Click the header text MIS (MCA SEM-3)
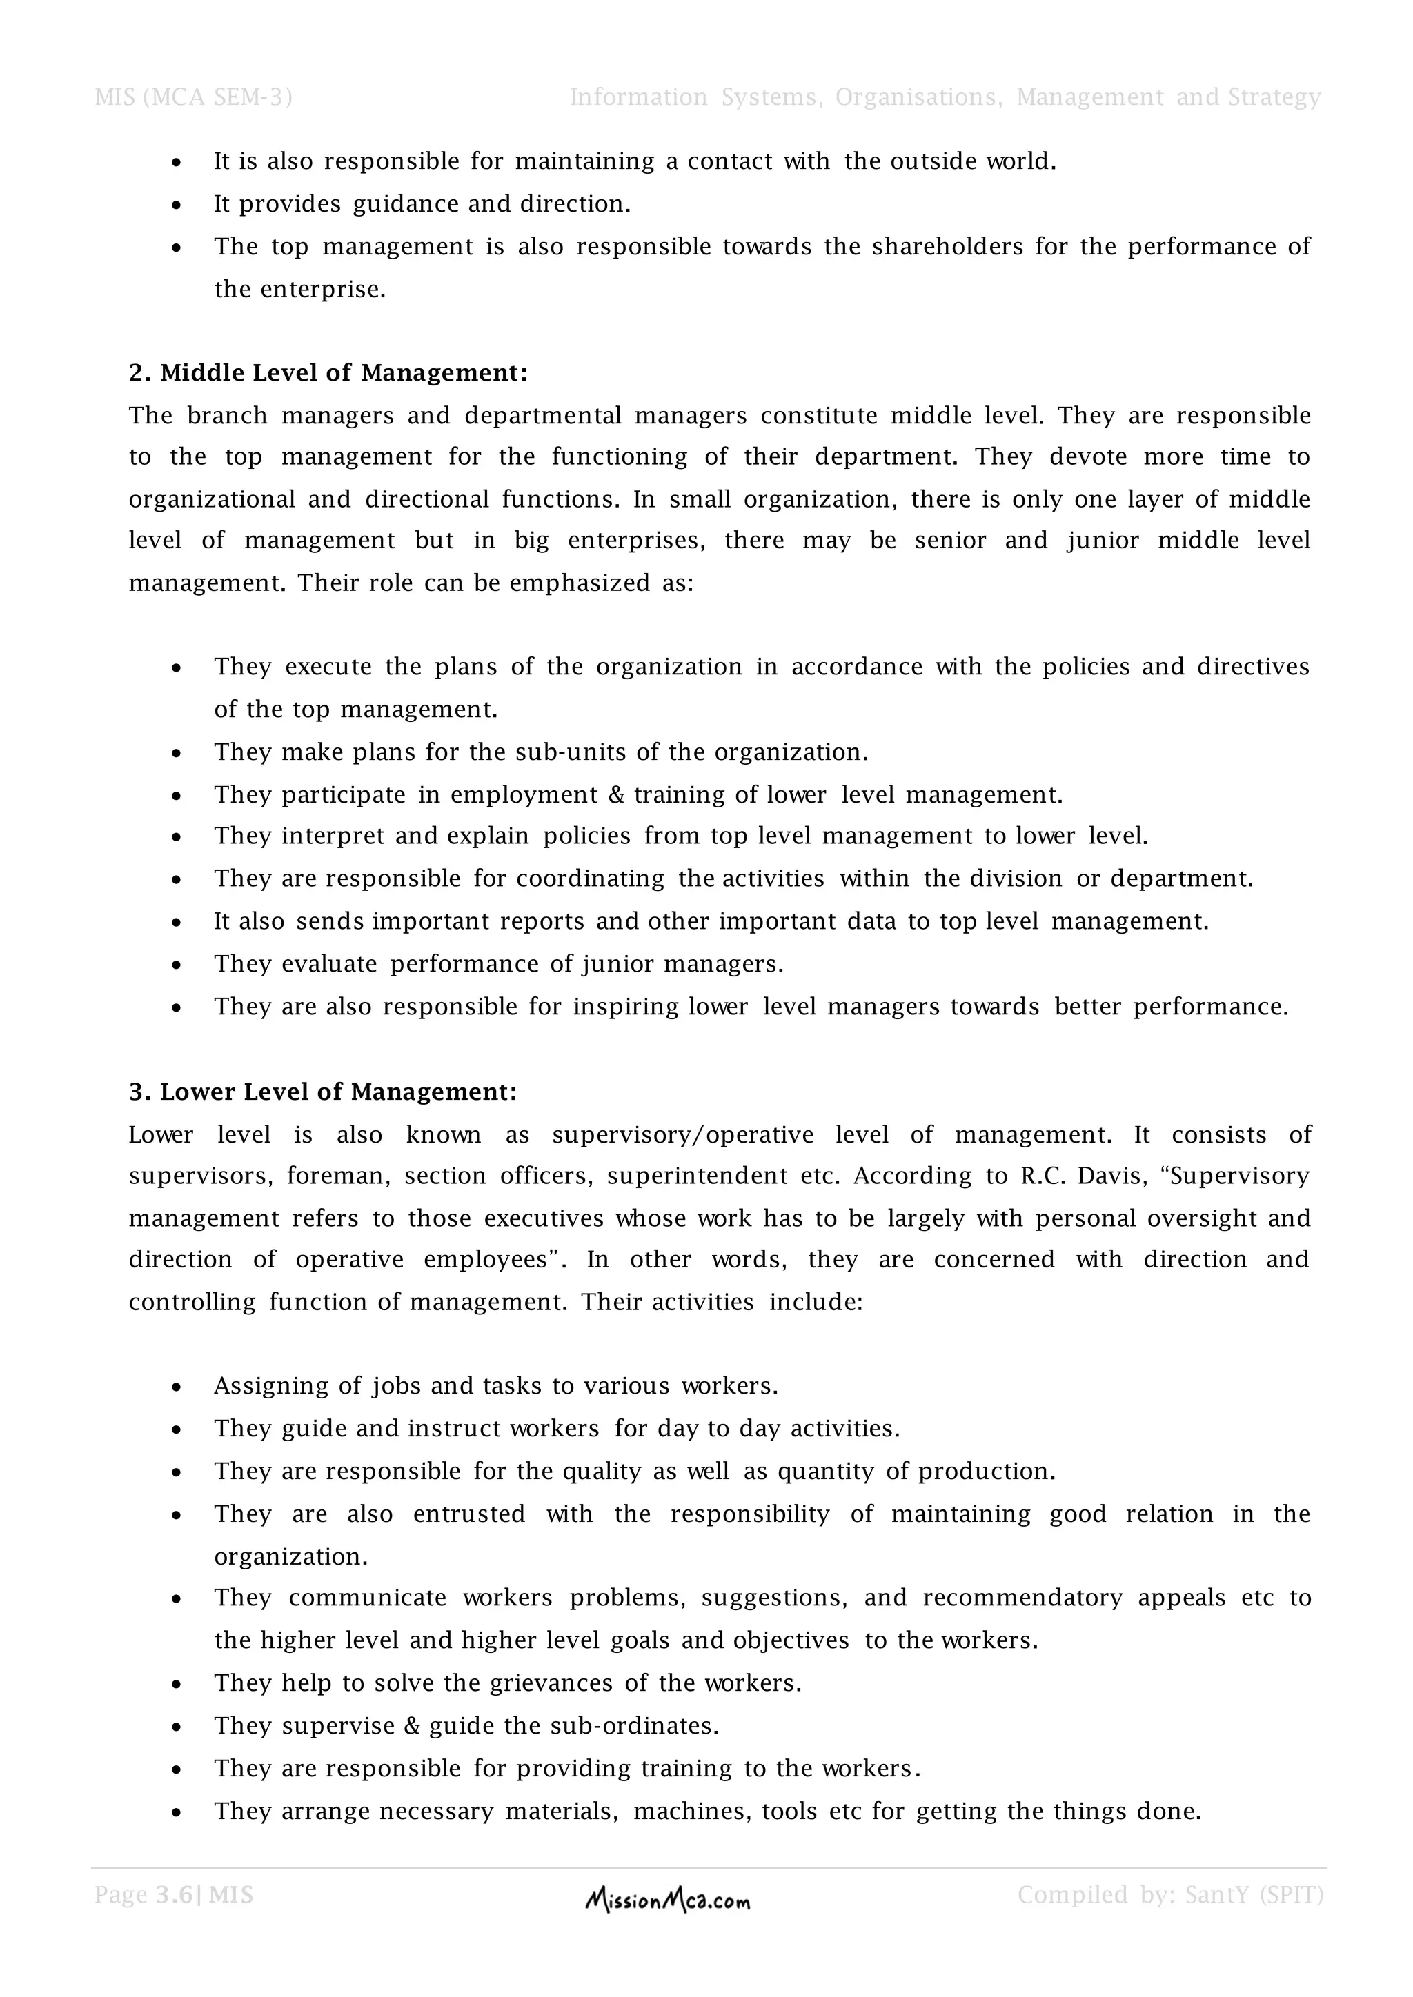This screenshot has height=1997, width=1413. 193,97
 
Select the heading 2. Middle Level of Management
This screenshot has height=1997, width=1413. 328,373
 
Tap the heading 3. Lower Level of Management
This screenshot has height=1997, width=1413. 323,1092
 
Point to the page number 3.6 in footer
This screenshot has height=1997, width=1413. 174,1895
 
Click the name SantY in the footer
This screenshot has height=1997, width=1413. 1217,1895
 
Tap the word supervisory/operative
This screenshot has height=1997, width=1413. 682,1135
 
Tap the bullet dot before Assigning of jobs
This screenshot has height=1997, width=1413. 177,1387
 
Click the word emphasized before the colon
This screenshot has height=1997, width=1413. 580,583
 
